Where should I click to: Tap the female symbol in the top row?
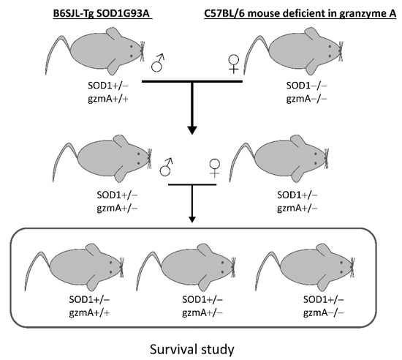pyautogui.click(x=235, y=67)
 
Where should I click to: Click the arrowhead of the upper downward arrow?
pyautogui.click(x=192, y=130)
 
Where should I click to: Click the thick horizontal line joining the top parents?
pyautogui.click(x=192, y=80)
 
